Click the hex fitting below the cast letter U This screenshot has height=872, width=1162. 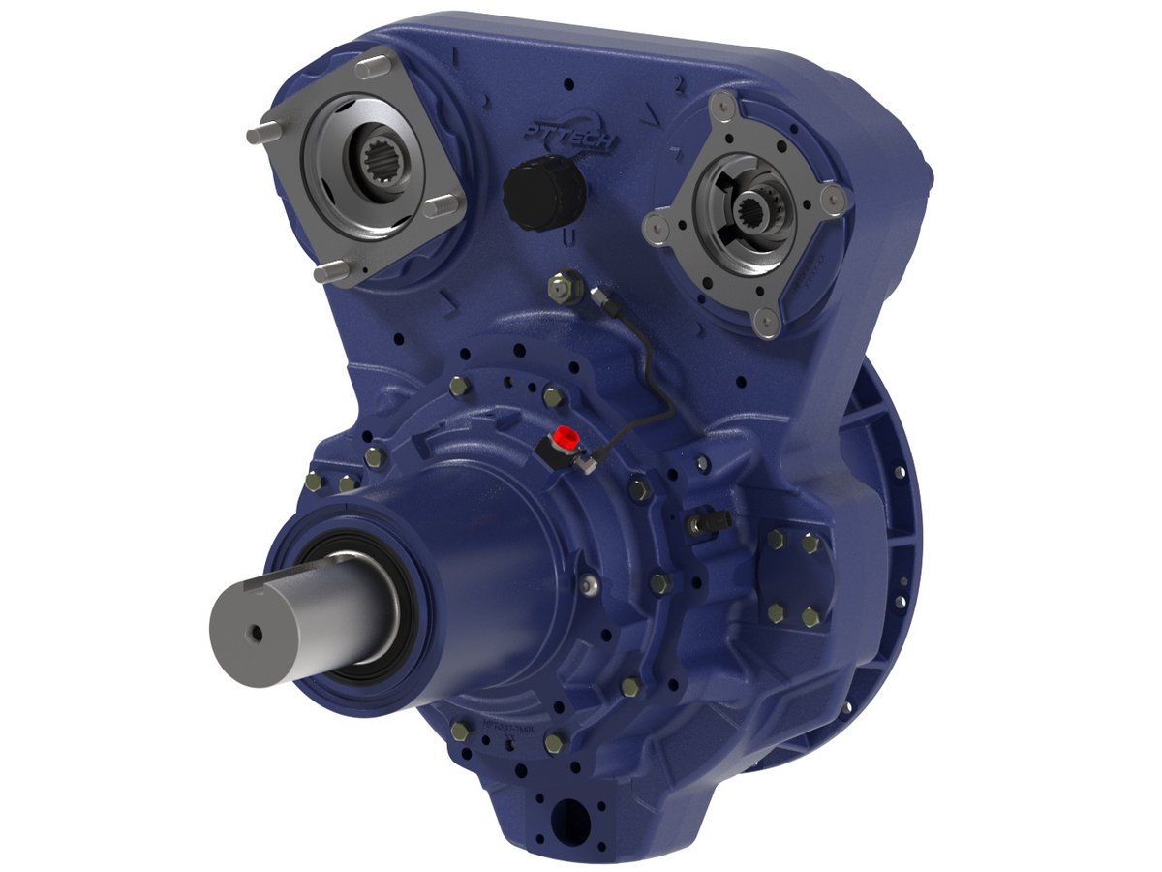(x=561, y=287)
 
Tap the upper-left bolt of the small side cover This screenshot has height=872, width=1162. (x=776, y=540)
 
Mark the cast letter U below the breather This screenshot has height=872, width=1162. (x=570, y=235)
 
